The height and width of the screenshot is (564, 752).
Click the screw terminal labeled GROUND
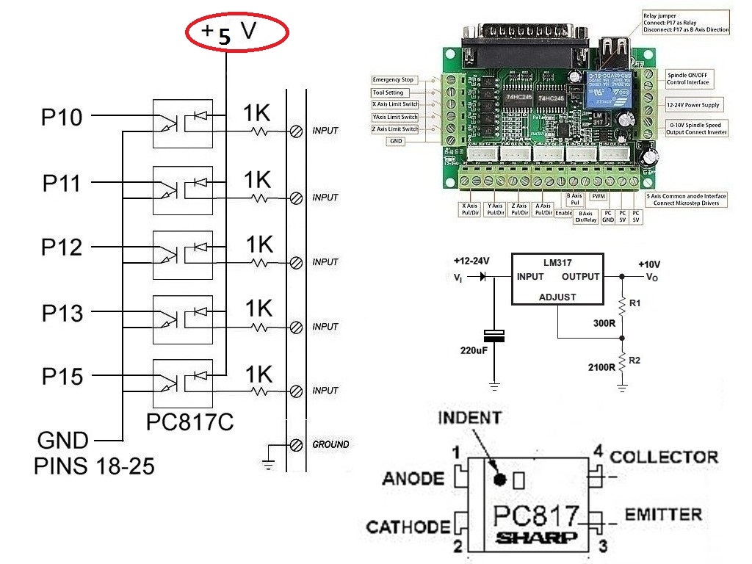(297, 444)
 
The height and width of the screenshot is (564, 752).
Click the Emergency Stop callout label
(394, 79)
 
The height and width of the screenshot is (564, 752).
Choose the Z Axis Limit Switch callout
(395, 129)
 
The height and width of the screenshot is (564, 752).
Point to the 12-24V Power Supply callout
(694, 105)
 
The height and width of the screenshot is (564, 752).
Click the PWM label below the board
(599, 197)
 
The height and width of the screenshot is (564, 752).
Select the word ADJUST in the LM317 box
(557, 297)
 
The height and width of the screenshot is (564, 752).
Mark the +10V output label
(650, 264)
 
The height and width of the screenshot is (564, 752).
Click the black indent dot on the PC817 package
(500, 480)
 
